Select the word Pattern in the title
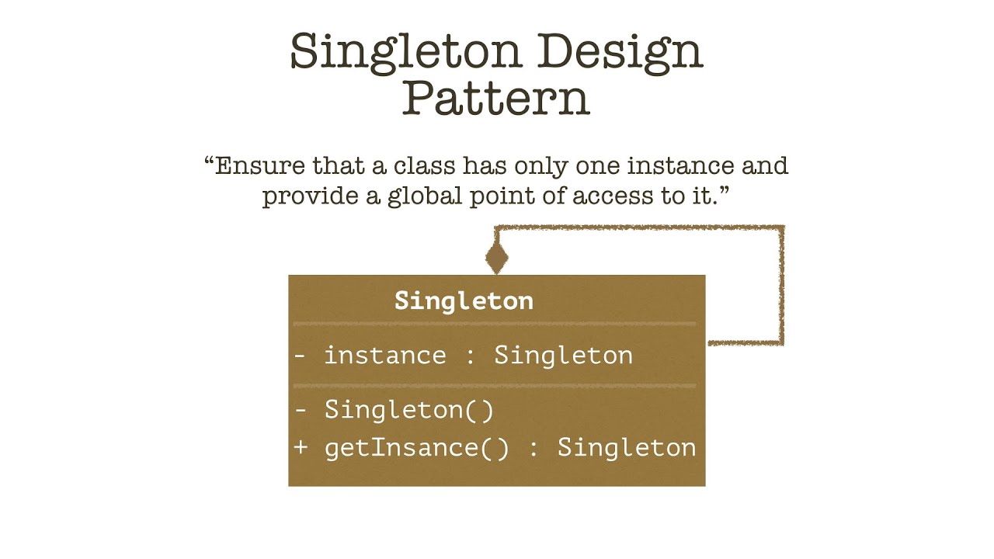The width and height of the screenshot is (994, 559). pos(496,99)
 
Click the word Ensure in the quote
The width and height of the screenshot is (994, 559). pos(257,166)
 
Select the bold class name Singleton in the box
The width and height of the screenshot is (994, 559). pos(464,301)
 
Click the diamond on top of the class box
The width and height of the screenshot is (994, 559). pos(497,257)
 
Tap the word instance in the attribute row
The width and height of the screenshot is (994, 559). pos(384,356)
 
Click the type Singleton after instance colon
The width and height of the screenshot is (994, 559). pos(563,356)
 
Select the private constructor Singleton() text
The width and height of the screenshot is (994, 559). pos(409,410)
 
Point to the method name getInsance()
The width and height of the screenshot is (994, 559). pos(416,448)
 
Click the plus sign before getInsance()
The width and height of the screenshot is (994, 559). pos(301,448)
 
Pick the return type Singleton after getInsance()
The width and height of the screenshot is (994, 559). pos(627,448)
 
